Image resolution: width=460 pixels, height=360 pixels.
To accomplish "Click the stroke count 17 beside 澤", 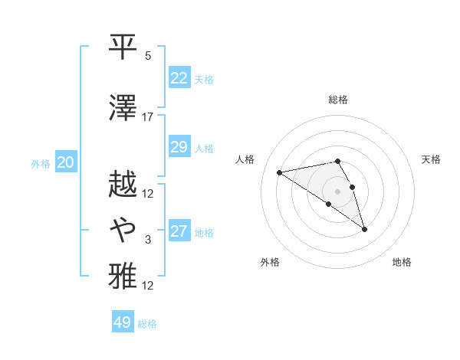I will (148, 117).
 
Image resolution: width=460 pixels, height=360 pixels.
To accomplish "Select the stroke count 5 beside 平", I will (148, 56).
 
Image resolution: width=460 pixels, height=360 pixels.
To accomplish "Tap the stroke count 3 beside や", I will (148, 240).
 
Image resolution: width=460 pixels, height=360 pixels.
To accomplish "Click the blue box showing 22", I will (179, 78).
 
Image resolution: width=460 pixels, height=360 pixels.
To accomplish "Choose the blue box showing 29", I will (179, 147).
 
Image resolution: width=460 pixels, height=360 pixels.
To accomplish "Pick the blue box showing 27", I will (179, 231).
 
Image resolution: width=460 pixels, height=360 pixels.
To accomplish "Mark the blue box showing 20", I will (66, 162).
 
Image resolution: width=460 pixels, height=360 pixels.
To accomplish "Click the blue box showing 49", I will (123, 322).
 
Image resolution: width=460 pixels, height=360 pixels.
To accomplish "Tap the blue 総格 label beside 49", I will (148, 324).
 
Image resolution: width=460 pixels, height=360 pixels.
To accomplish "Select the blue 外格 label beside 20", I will (41, 164).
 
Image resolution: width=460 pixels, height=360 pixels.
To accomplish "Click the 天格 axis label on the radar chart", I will (431, 159).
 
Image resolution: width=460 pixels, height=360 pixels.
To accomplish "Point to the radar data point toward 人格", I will (279, 172).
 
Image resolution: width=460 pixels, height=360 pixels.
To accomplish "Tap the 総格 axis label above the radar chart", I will (338, 100).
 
